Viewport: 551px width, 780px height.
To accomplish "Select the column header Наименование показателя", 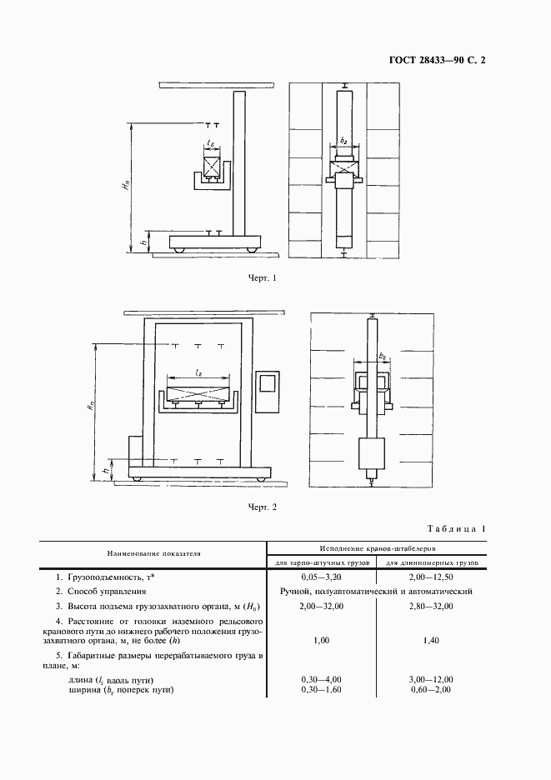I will point(153,553).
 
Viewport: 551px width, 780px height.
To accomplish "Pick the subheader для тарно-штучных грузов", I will point(321,563).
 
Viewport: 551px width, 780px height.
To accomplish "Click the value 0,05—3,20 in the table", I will point(321,577).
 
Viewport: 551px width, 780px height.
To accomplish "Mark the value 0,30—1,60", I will point(321,691).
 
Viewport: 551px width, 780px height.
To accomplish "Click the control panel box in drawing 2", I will point(268,389).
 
